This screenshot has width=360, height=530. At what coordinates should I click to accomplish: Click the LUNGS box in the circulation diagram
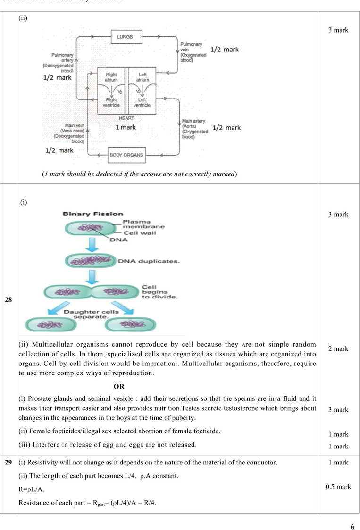[126, 36]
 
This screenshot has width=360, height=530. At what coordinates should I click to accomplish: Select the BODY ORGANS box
[126, 154]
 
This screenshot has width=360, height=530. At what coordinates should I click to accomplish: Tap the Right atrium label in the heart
[111, 77]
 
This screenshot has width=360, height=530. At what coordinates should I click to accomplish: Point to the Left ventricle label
[142, 102]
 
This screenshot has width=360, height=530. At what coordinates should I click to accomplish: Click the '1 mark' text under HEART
[126, 127]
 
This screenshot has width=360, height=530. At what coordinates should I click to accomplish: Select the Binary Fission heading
[93, 214]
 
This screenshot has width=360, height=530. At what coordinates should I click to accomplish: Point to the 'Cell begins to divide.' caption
[159, 292]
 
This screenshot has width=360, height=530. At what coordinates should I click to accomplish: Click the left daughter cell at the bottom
[50, 324]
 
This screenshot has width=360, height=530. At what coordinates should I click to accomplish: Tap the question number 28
[8, 300]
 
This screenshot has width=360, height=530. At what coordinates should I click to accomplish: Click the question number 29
[8, 463]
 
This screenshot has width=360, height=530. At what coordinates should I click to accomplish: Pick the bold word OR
[119, 386]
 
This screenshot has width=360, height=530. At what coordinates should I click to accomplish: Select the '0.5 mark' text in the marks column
[338, 487]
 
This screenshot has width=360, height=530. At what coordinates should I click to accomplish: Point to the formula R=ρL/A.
[32, 489]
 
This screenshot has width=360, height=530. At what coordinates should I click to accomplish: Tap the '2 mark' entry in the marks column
[338, 349]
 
